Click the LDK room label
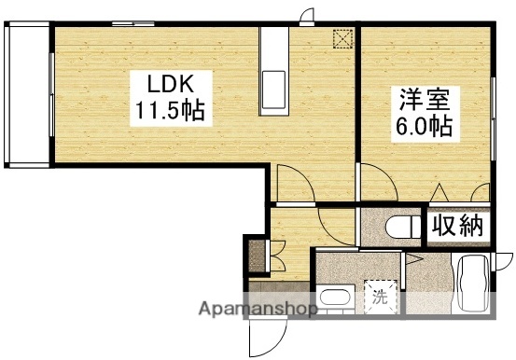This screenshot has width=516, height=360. [167, 81]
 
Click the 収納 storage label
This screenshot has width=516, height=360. [458, 225]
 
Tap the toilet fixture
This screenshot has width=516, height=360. [397, 228]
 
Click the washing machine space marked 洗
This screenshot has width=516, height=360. [380, 298]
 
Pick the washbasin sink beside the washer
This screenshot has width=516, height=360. [331, 300]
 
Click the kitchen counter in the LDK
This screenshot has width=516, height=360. [277, 68]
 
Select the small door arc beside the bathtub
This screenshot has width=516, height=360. [503, 265]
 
